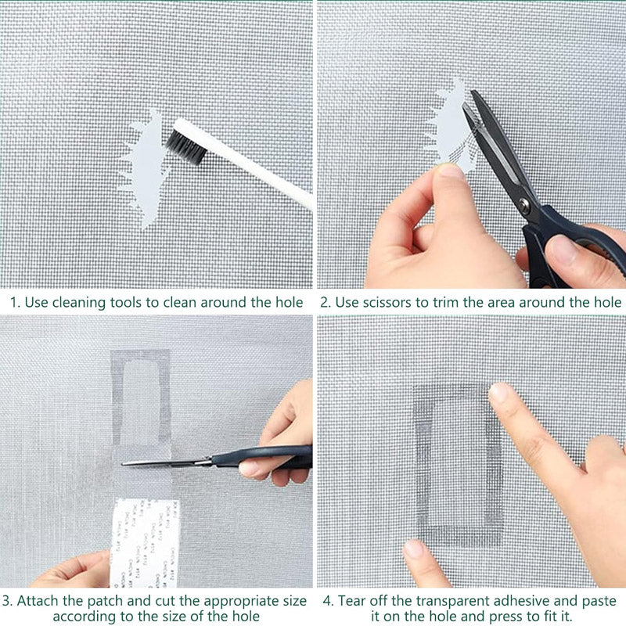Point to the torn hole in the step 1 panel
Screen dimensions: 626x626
tap(146, 168)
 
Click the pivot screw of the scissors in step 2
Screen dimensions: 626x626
tap(525, 206)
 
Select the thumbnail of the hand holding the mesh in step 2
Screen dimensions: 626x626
tap(450, 170)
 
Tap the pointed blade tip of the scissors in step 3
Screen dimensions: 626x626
tap(125, 463)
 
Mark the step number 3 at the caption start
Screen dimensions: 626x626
tap(6, 602)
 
